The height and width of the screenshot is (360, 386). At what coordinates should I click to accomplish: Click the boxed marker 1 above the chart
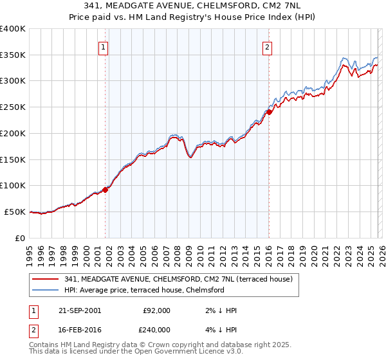tap(103, 46)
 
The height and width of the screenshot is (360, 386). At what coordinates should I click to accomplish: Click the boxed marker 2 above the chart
tap(267, 46)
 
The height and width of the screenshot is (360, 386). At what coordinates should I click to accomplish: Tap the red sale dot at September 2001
tap(106, 189)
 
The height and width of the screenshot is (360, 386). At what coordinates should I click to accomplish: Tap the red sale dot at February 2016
tap(269, 112)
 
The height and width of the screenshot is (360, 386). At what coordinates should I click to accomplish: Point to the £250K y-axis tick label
tap(13, 107)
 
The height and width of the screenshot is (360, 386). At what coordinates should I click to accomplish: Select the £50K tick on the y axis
tap(15, 212)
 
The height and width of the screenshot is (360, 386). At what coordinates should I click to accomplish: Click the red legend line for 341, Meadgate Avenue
tap(46, 279)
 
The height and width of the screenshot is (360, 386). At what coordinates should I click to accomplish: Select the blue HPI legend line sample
tap(46, 290)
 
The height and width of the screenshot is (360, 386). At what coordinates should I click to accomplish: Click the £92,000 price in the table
tap(156, 310)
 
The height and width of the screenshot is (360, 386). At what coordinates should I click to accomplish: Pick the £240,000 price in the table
tap(156, 328)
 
